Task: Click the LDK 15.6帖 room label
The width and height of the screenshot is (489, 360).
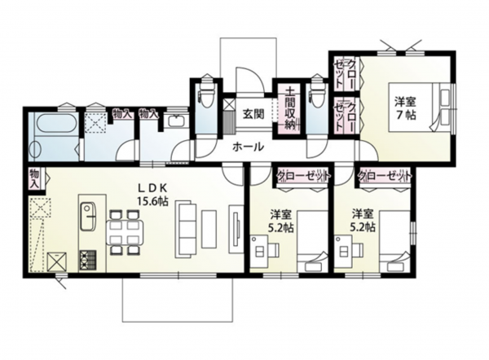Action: click(153, 195)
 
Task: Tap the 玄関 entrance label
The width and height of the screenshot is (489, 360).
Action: click(253, 114)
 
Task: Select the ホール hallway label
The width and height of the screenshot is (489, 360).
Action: click(249, 147)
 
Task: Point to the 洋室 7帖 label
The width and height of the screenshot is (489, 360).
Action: click(405, 108)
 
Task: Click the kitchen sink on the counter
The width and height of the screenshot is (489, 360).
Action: click(89, 216)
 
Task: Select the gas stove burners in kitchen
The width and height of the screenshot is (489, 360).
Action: click(89, 260)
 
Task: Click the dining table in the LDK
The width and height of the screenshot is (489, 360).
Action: click(125, 232)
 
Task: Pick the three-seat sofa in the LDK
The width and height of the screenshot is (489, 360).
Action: click(185, 229)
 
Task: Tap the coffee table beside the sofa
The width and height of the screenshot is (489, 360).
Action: click(209, 229)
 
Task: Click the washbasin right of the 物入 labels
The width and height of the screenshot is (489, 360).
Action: click(177, 121)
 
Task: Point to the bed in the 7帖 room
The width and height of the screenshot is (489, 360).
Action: click(420, 108)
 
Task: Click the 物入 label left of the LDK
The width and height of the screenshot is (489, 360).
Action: click(34, 179)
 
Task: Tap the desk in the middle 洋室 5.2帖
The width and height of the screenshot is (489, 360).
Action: click(258, 251)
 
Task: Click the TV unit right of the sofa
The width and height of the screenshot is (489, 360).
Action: click(236, 229)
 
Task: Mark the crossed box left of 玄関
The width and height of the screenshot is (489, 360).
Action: click(229, 103)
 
